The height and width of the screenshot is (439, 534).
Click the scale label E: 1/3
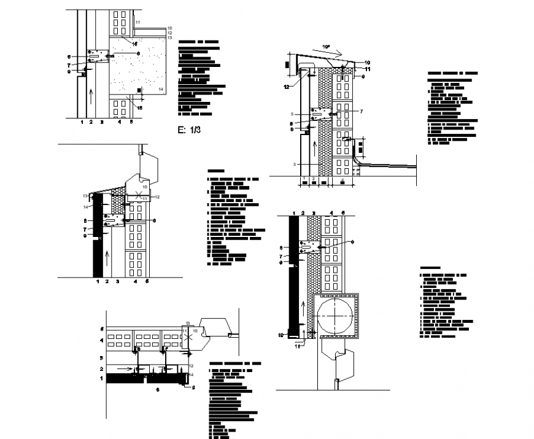coord(188,130)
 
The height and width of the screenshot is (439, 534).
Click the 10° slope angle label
coord(327,46)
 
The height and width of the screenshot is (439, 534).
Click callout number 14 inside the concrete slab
coord(161,90)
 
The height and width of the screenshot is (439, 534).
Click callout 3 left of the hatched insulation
coord(295,165)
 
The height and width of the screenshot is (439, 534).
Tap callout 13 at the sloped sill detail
coord(85,195)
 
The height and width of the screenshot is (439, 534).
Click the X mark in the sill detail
coord(141,196)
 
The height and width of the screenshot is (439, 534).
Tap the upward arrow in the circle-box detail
coord(303,305)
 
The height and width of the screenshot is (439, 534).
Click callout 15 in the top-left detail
coord(139,108)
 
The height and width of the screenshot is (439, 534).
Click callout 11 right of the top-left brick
coord(138,23)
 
